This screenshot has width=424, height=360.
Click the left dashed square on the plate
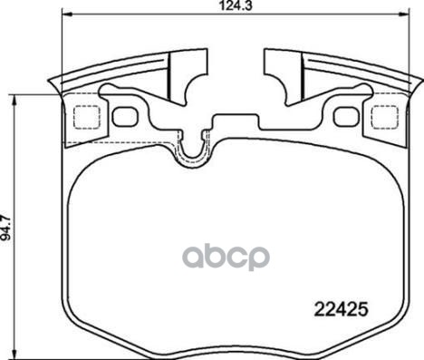coord(84,117)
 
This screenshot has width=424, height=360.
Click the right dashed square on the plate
coord(377,117)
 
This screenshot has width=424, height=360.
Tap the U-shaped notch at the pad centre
coord(192,150)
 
